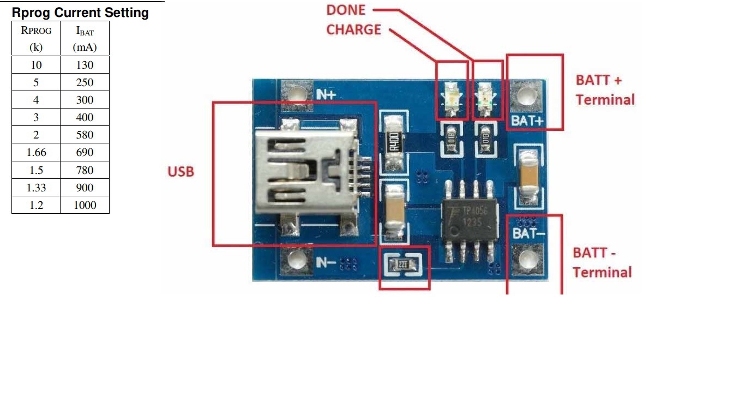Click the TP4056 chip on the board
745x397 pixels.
pyautogui.click(x=470, y=217)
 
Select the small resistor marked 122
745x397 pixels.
pyautogui.click(x=404, y=266)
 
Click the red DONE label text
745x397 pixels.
pyautogui.click(x=346, y=10)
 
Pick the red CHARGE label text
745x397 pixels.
pyautogui.click(x=353, y=29)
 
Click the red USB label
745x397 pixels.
pyautogui.click(x=181, y=172)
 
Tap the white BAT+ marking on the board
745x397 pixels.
pyautogui.click(x=526, y=121)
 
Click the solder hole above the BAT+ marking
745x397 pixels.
pyautogui.click(x=526, y=97)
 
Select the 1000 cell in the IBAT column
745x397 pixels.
pyautogui.click(x=85, y=205)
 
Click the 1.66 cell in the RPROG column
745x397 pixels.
pyautogui.click(x=36, y=153)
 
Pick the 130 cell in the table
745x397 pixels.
pyautogui.click(x=85, y=65)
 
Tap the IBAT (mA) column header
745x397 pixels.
pyautogui.click(x=85, y=39)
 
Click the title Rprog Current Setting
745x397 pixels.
pyautogui.click(x=80, y=13)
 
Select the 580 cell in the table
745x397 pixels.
pyautogui.click(x=85, y=135)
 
